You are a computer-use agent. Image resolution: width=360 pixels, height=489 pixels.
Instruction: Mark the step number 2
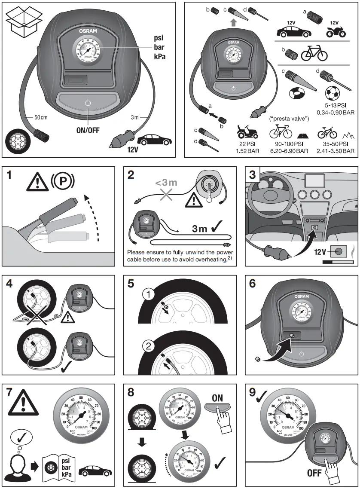pos(131,175)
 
